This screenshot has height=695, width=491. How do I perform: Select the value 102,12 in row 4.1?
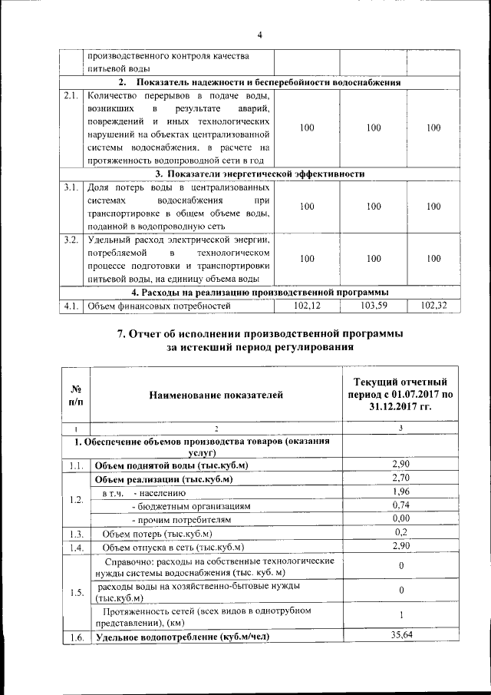coord(307,306)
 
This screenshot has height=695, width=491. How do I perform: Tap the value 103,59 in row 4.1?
coord(374,306)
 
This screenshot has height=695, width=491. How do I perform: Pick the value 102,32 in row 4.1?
coord(433,306)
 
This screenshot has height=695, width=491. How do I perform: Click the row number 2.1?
coord(72,97)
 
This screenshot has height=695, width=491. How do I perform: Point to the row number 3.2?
coord(72,241)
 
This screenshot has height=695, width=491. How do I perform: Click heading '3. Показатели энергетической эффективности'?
coord(259,174)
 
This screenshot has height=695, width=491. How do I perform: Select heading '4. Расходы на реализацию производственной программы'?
coord(259,293)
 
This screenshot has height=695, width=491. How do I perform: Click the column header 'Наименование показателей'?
coord(217,395)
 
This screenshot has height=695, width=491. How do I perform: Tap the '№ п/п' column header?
coord(76,395)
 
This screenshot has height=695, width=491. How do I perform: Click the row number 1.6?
coord(75,637)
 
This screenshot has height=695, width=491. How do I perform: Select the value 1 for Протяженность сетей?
coord(401,615)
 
